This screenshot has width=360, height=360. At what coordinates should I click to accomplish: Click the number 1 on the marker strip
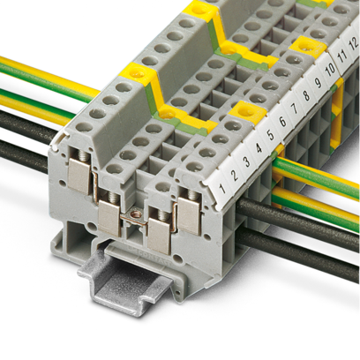(222, 189)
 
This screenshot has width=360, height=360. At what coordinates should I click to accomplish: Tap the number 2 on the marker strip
(235, 176)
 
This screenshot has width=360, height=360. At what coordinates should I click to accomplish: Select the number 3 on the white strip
(247, 162)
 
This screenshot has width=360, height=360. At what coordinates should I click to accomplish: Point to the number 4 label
(259, 149)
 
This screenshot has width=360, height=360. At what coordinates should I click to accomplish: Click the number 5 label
(271, 135)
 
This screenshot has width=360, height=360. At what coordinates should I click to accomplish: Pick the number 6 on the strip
(282, 122)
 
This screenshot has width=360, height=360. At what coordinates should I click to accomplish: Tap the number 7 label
(295, 109)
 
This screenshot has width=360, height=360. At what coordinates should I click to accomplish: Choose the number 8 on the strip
(306, 96)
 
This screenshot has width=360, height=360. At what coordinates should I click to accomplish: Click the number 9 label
(318, 83)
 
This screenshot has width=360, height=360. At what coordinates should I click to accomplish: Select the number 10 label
(330, 70)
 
